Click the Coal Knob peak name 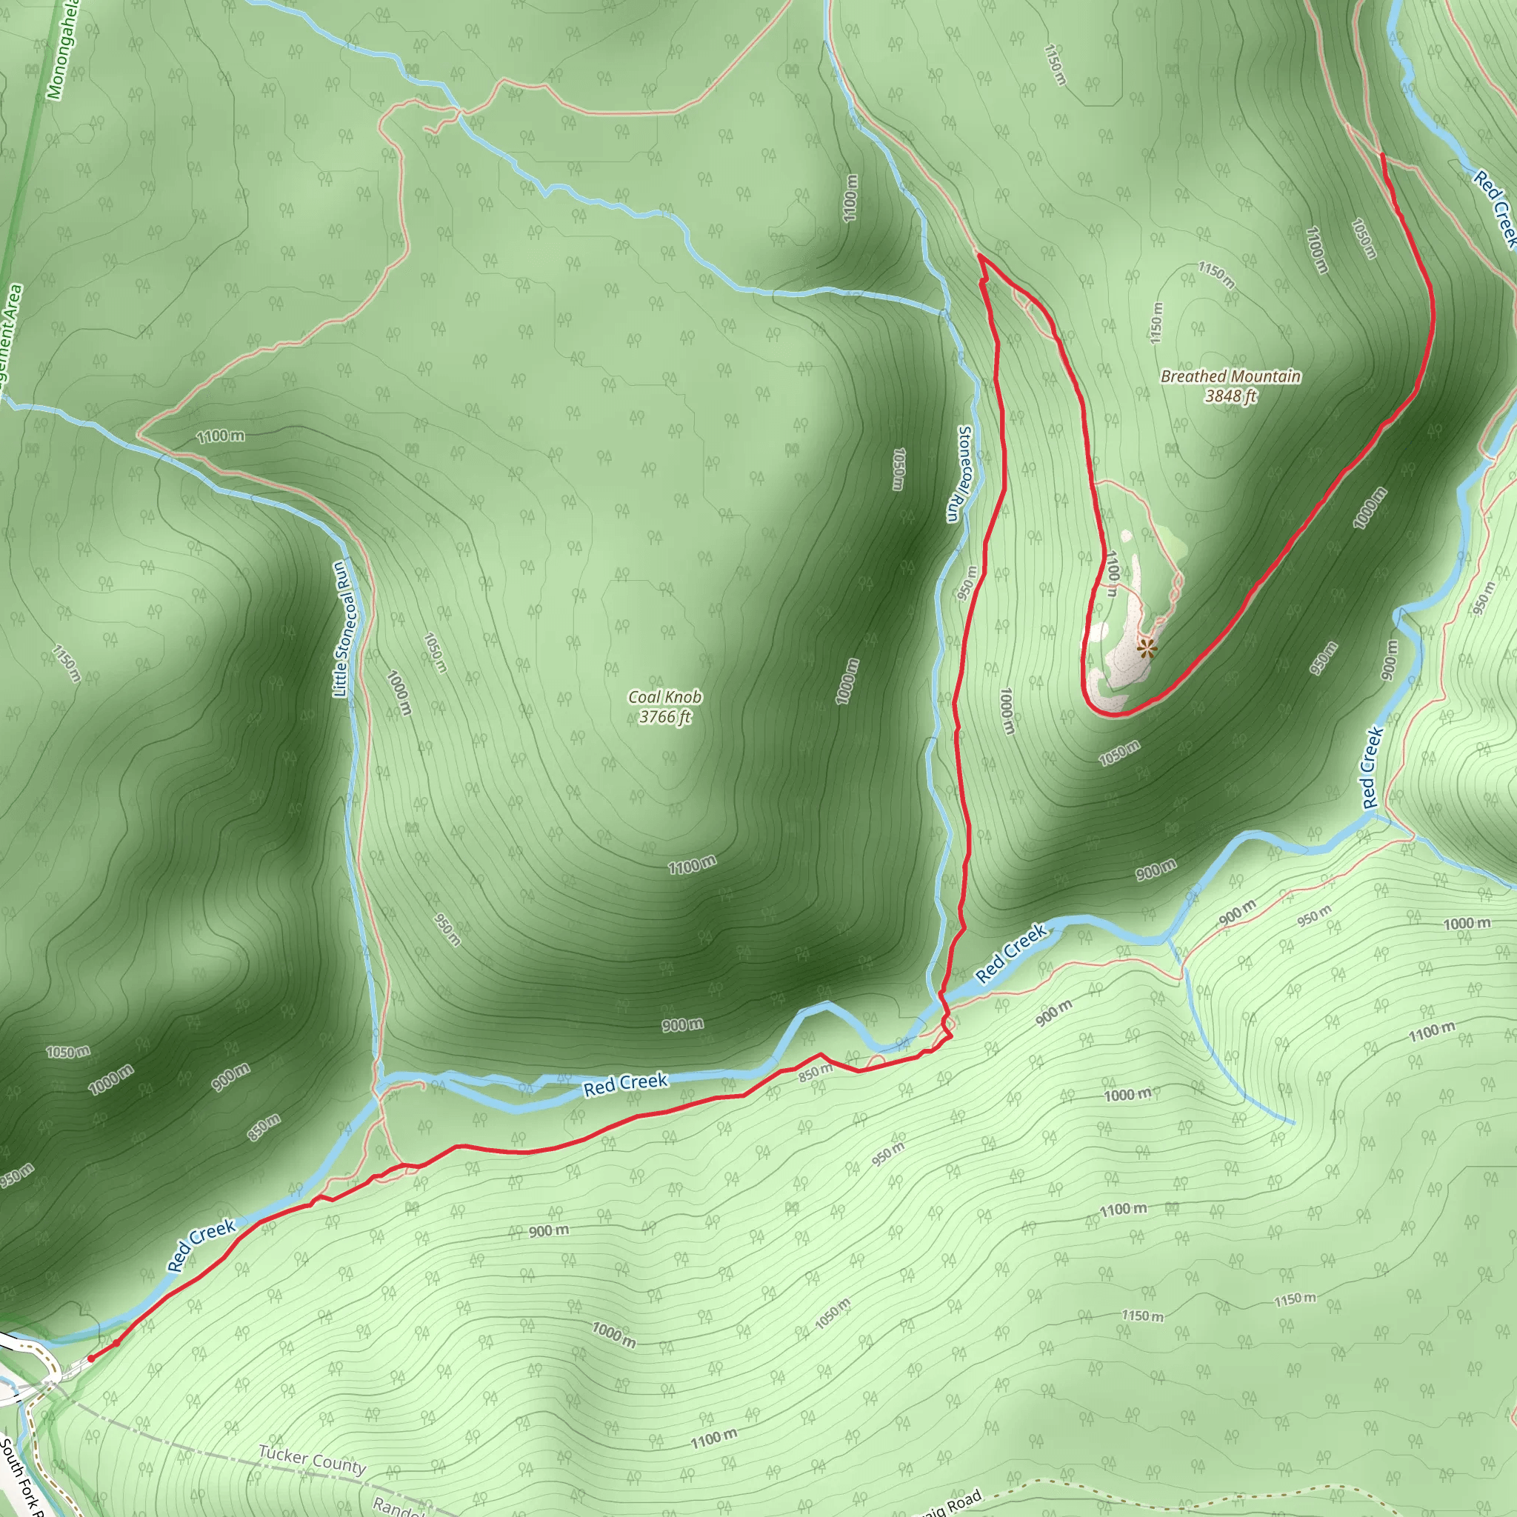(664, 696)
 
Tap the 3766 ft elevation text (664, 716)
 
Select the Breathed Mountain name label (1230, 376)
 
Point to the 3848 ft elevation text (1230, 396)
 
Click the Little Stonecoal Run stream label (342, 629)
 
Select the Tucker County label (313, 1460)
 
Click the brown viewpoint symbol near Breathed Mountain (1147, 649)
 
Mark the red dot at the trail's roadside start (91, 1358)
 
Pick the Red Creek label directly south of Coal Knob (625, 1084)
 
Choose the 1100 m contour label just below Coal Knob (692, 865)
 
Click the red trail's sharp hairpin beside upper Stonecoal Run (980, 256)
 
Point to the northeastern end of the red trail (1383, 156)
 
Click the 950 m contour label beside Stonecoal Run (967, 584)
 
